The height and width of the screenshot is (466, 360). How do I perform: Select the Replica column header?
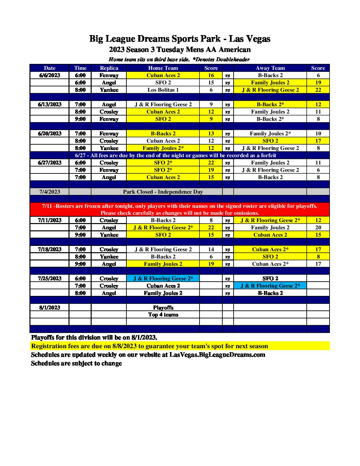pos(109,68)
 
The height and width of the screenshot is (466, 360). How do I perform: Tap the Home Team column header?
pos(163,68)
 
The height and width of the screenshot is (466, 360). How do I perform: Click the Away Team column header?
pos(270,68)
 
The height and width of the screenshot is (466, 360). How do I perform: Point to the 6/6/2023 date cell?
pos(50,75)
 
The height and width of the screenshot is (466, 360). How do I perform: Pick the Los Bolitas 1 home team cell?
pos(163,90)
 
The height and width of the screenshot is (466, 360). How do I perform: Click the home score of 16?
pos(211,75)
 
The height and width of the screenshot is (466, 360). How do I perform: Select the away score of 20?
pos(318,227)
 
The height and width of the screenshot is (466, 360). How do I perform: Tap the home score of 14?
pos(211,249)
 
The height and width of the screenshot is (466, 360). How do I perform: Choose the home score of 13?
pos(211,133)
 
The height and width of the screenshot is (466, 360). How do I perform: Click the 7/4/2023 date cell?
pos(50,192)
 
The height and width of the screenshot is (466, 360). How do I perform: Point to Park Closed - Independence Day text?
pos(163,192)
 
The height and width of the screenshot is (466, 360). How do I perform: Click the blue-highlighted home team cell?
pos(163,278)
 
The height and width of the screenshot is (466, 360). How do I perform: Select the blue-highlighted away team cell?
pos(270,286)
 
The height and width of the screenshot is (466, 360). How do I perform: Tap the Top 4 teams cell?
pos(163,315)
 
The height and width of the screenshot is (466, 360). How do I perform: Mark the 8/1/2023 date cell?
pos(50,307)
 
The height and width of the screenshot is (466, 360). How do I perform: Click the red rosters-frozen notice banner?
pos(179,210)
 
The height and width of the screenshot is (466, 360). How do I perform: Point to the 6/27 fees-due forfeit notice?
pos(175,155)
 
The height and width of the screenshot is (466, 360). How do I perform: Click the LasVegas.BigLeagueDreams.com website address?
pos(217,355)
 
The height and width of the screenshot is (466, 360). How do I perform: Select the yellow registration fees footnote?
pos(150,346)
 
